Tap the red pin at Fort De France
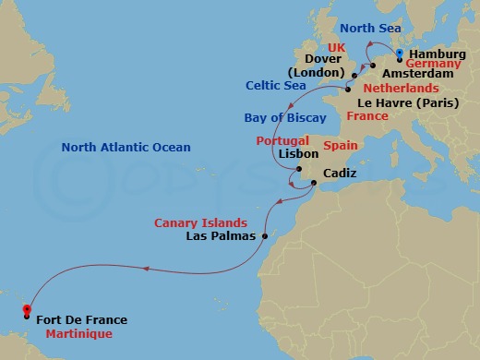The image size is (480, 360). (27, 310)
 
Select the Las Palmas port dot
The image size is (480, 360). (264, 236)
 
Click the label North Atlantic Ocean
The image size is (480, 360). (126, 147)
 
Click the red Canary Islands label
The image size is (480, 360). (200, 222)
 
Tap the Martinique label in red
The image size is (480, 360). (74, 334)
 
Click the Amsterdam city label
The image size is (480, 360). (417, 73)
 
